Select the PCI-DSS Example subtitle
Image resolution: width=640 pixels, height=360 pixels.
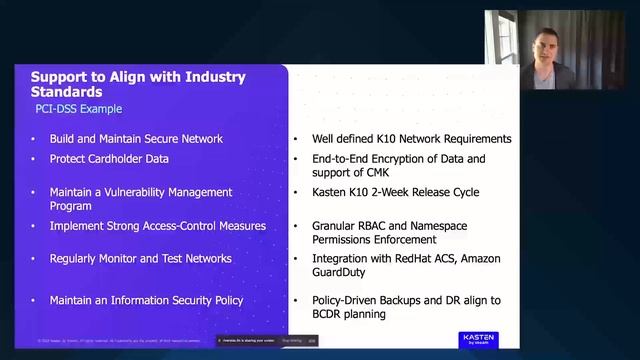coord(79,108)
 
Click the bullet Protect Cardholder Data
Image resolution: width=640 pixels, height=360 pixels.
coord(109,159)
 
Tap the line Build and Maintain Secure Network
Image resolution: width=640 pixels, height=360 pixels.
coord(136,139)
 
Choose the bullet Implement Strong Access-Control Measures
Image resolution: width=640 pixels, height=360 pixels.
coord(157,226)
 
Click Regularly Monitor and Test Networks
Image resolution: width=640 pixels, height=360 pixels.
coord(140,259)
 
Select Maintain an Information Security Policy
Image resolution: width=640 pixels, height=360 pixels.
coord(146,300)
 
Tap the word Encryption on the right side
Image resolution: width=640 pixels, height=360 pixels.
coord(403,159)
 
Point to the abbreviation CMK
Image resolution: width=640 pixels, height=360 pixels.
coord(370,172)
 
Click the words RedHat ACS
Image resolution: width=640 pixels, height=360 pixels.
coord(425,259)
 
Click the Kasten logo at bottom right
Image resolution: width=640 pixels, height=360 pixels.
coord(478,339)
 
